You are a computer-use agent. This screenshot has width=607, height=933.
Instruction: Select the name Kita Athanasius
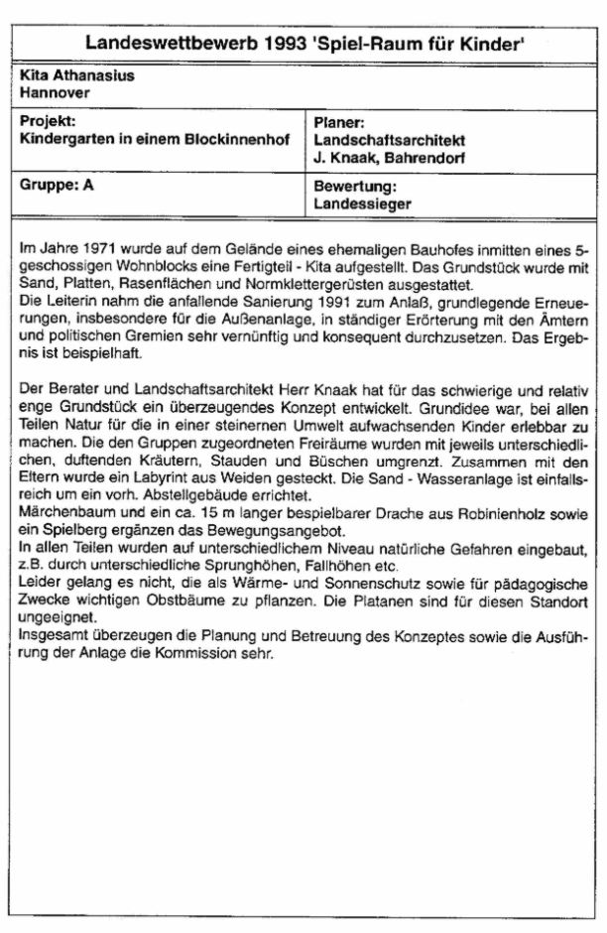pyautogui.click(x=76, y=75)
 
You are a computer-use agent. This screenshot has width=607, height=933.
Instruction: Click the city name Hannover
pyautogui.click(x=55, y=91)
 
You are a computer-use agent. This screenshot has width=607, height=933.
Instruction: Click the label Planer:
pyautogui.click(x=340, y=123)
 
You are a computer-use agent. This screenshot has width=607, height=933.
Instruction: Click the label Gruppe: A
pyautogui.click(x=57, y=186)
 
